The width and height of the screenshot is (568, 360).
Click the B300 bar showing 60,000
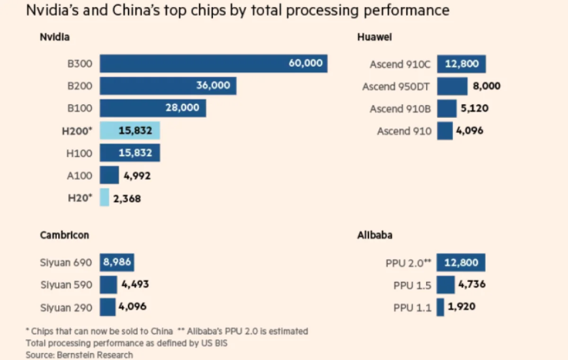(213, 63)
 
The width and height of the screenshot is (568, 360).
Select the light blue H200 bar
(130, 131)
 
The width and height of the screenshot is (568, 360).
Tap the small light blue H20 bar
(104, 198)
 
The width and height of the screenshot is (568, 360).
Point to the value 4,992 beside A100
(137, 176)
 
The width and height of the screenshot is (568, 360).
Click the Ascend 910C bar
(461, 64)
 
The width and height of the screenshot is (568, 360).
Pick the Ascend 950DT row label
(397, 87)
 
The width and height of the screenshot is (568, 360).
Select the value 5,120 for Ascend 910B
(474, 108)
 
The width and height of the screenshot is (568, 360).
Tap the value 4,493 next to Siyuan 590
(135, 285)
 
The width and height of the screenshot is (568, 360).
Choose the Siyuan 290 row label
(66, 307)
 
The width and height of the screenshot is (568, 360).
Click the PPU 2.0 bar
(461, 262)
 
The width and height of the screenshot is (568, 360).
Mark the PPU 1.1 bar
(440, 307)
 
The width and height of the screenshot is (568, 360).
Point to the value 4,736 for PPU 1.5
(472, 285)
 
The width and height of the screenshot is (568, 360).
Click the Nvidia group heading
(54, 37)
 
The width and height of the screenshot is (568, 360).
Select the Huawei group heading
(374, 37)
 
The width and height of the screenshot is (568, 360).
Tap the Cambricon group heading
(64, 235)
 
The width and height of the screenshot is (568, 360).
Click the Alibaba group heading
(374, 235)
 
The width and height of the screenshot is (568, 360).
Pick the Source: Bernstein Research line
(80, 354)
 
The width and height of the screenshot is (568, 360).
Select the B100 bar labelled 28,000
(152, 108)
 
